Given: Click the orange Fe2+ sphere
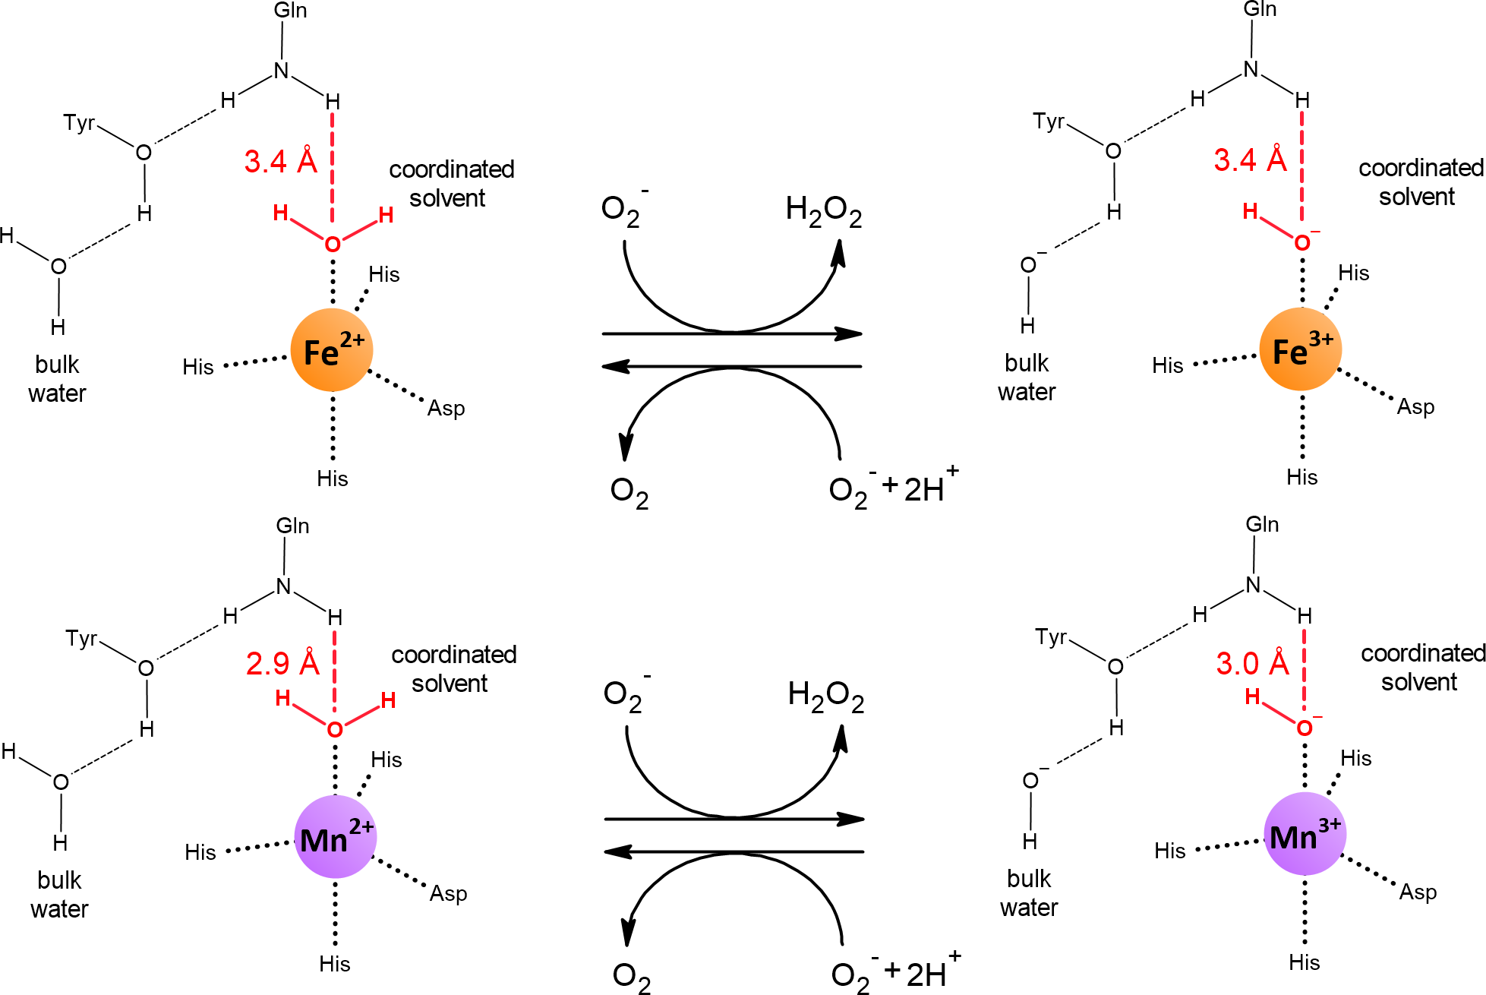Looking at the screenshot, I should coord(332,350).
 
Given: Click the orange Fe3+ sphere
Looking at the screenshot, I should coord(1301,349).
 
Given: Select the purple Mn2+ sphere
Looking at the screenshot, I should coord(335,836).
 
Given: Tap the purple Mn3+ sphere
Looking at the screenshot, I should coord(1305,834).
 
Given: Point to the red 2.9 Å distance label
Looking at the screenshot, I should coord(282,664).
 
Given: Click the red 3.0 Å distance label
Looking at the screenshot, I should coord(1252,663).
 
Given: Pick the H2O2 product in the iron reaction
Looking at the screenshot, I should coord(823,210).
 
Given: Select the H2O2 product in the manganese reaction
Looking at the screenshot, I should coord(825,696).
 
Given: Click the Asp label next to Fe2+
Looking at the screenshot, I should coord(446,409).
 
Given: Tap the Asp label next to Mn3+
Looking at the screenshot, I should coord(1418,892).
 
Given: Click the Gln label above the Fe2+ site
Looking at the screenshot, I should coord(290,11).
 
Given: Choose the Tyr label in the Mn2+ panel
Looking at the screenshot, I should coord(81,639).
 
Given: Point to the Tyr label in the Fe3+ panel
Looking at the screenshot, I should coord(1049,122).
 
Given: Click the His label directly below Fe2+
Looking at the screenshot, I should coord(332,479).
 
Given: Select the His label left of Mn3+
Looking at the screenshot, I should coord(1169,851).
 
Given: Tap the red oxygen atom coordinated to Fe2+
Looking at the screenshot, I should coord(332,245).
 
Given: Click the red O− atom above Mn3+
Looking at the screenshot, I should coord(1305,728).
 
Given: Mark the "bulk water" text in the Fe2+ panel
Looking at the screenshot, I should coord(57,378).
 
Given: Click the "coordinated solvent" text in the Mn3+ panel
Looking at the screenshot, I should coord(1422,667).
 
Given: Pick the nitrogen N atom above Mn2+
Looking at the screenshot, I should coord(283,586).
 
